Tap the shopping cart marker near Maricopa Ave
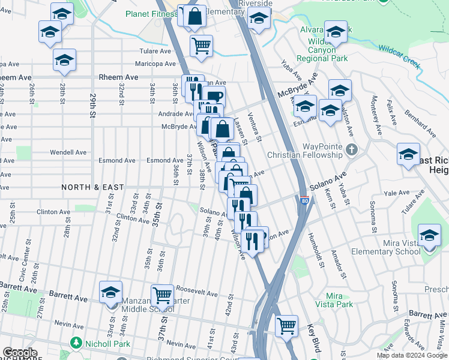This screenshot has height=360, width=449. point(202,45)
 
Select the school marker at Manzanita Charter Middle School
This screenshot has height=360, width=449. point(110,292)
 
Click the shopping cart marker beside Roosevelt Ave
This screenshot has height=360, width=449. point(162,295)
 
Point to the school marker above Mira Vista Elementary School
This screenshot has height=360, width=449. point(429,235)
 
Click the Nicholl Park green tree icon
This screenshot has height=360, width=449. point(76,343)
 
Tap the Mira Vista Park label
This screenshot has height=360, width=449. point(339,301)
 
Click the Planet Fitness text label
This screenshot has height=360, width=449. point(151,14)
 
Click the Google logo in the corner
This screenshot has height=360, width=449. point(20,353)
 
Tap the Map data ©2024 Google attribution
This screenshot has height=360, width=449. point(411,355)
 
